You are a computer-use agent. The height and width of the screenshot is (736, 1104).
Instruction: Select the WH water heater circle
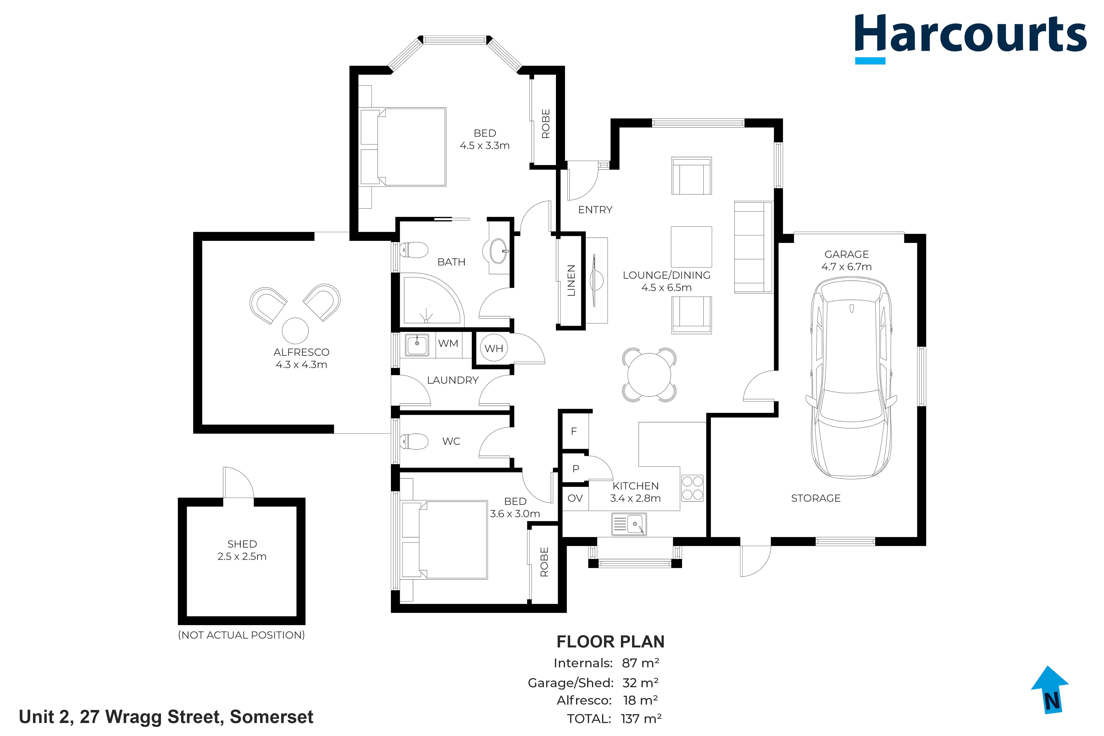point(494,348)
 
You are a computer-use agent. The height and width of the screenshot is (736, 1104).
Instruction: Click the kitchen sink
point(629,524)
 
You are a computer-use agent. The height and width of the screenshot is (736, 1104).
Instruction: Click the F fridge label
point(574,431)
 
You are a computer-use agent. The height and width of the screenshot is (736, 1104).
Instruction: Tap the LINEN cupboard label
point(571,280)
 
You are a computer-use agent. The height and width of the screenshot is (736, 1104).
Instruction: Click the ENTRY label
point(595,210)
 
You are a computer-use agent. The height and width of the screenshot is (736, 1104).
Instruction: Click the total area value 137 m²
point(641,718)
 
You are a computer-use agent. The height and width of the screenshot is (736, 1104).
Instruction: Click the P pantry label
point(576,468)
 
